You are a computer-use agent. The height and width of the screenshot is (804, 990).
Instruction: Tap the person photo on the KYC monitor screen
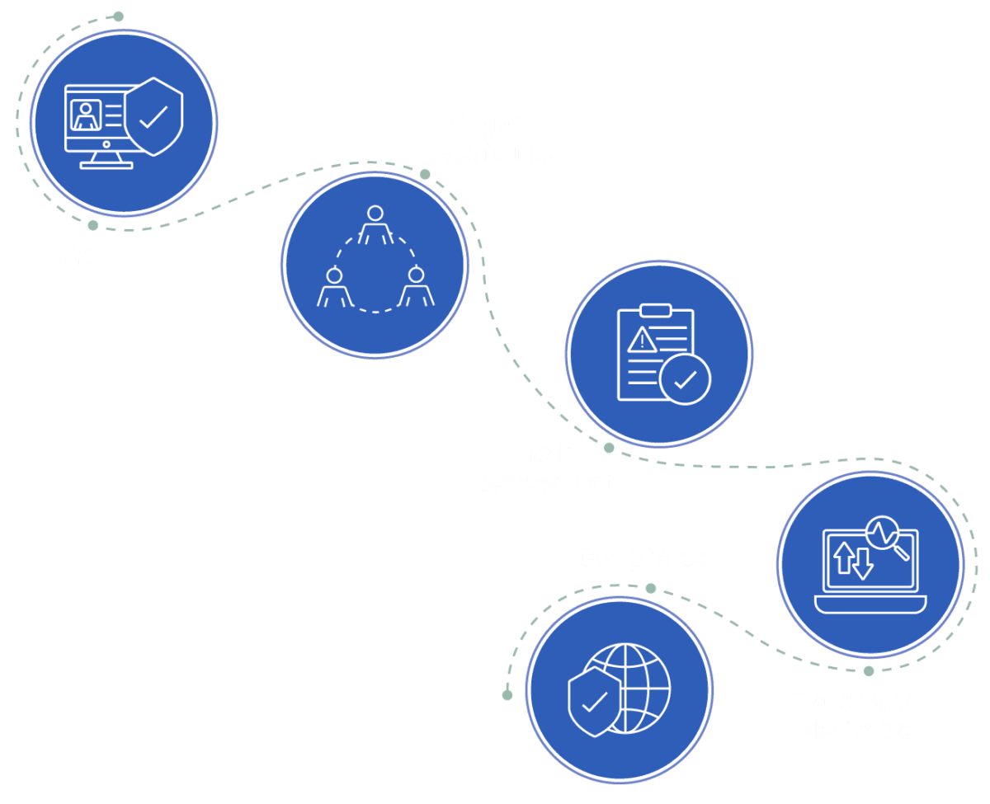click(x=87, y=115)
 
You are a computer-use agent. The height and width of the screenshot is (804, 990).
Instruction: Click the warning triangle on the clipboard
click(x=641, y=340)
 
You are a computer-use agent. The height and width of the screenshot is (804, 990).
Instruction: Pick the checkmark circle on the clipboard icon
click(x=685, y=379)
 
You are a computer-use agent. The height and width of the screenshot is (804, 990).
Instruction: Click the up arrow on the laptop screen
click(x=844, y=557)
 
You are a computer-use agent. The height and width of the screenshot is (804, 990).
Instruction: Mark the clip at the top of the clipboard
click(x=656, y=312)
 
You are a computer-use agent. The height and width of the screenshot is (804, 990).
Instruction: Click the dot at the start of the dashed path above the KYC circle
click(x=118, y=16)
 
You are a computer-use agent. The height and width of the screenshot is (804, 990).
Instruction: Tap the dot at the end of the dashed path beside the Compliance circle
click(x=507, y=694)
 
